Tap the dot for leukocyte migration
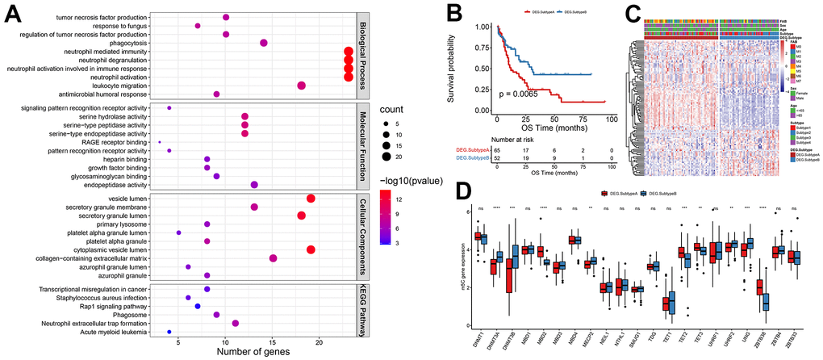pyautogui.click(x=301, y=86)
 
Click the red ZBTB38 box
pyautogui.click(x=758, y=287)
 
